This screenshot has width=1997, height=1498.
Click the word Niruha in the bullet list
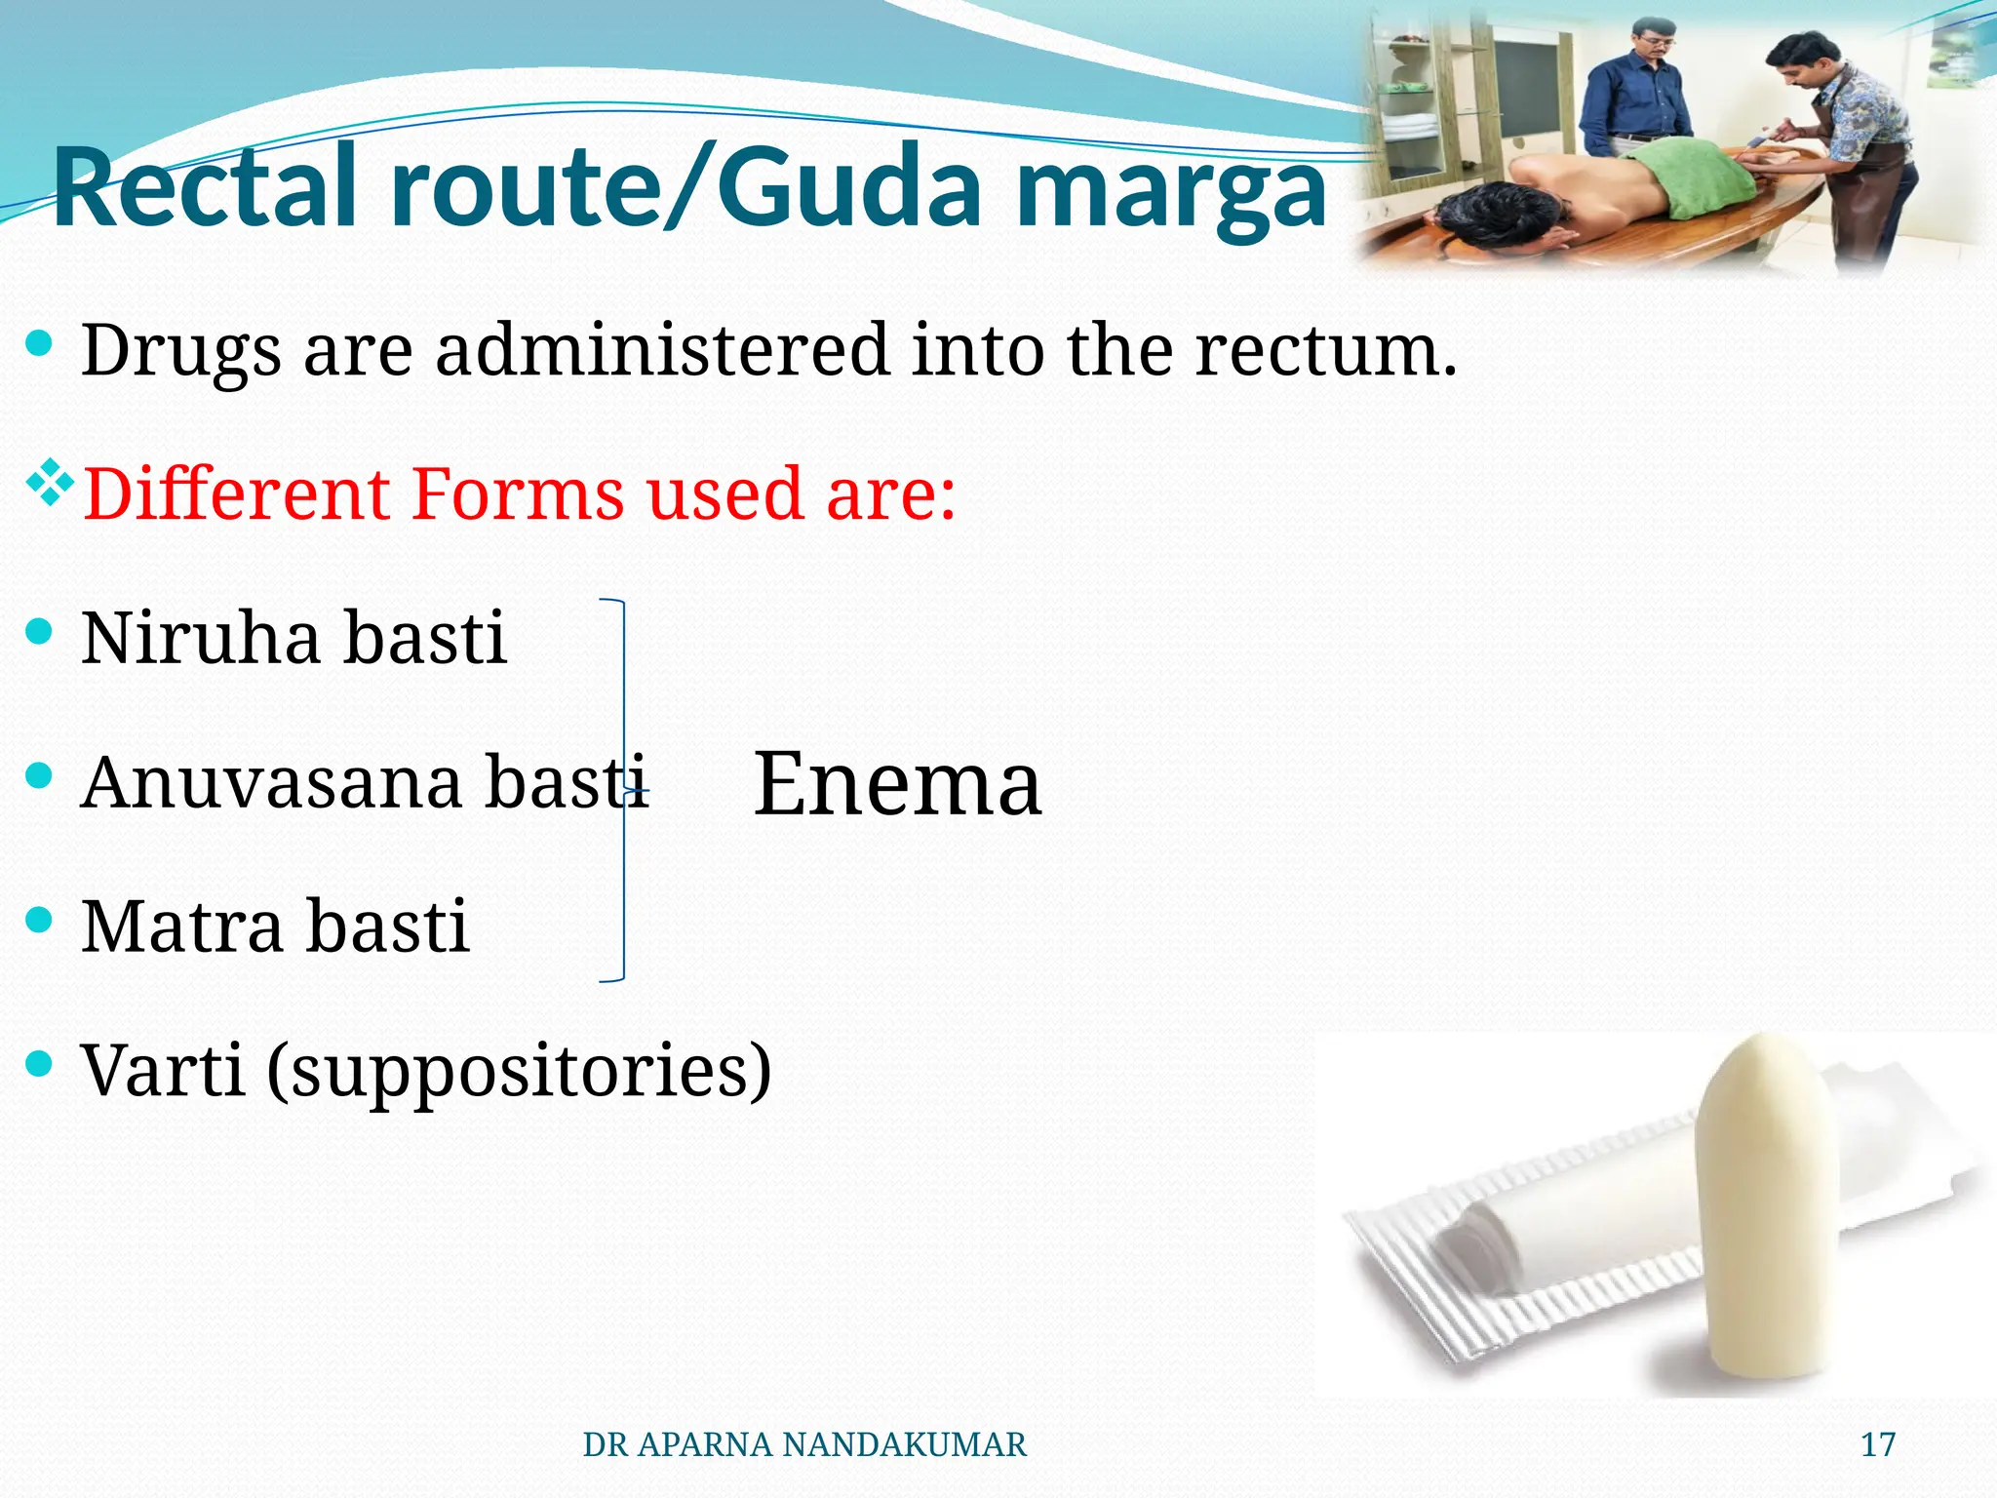[x=201, y=638]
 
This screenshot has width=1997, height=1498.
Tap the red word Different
[x=234, y=493]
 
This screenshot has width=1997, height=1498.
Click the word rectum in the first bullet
[x=1326, y=350]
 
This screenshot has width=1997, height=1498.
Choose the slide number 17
[x=1878, y=1444]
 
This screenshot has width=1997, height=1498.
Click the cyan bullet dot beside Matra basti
[x=39, y=920]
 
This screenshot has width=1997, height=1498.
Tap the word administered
[x=662, y=350]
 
